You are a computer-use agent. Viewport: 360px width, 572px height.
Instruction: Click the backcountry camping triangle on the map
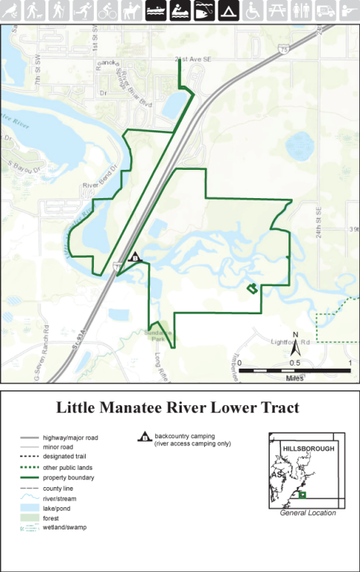(x=135, y=256)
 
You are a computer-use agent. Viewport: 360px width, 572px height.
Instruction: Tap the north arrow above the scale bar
(x=295, y=343)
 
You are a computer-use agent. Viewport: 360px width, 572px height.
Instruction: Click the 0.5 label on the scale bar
(x=295, y=363)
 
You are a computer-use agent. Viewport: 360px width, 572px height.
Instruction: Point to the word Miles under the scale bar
(x=295, y=378)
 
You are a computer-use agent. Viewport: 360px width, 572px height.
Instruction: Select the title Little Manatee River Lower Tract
(x=179, y=408)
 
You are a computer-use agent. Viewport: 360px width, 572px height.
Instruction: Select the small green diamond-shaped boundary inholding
(x=253, y=288)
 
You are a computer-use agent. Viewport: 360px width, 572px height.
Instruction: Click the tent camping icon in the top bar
(x=227, y=10)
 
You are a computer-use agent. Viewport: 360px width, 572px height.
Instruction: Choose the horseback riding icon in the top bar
(x=131, y=10)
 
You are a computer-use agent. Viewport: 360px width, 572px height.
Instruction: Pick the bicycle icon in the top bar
(x=107, y=10)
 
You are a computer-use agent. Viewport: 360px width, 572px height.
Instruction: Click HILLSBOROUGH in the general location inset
(x=308, y=448)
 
